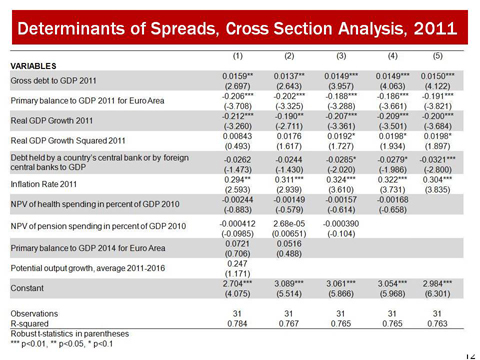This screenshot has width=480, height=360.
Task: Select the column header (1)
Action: (239, 57)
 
